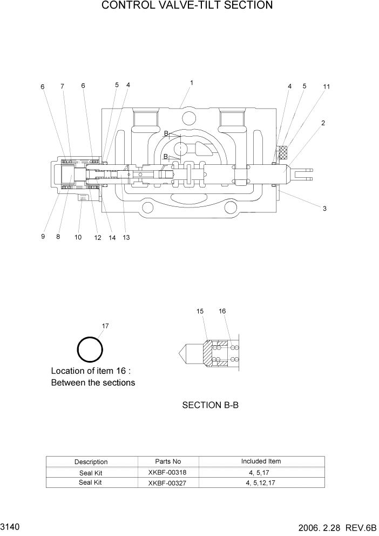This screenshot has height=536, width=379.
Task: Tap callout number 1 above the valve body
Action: (192, 83)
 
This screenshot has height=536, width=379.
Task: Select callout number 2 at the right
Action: (323, 123)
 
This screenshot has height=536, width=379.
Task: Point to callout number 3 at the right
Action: (324, 209)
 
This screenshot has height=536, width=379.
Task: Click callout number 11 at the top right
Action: (326, 86)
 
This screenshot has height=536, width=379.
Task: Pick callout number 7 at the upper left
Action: (62, 86)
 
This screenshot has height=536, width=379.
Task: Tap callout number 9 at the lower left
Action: (43, 237)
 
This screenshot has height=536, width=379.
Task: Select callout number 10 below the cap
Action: (78, 237)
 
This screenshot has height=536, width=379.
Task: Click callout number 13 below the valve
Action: (126, 237)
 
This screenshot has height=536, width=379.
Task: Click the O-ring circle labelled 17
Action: (90, 350)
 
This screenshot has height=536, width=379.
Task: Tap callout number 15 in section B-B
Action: (200, 312)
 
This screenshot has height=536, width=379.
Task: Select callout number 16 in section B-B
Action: (222, 311)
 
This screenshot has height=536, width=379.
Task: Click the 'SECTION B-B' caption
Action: (210, 405)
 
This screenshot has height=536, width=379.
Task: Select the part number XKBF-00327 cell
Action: (167, 483)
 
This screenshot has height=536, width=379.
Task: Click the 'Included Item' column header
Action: (261, 461)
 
